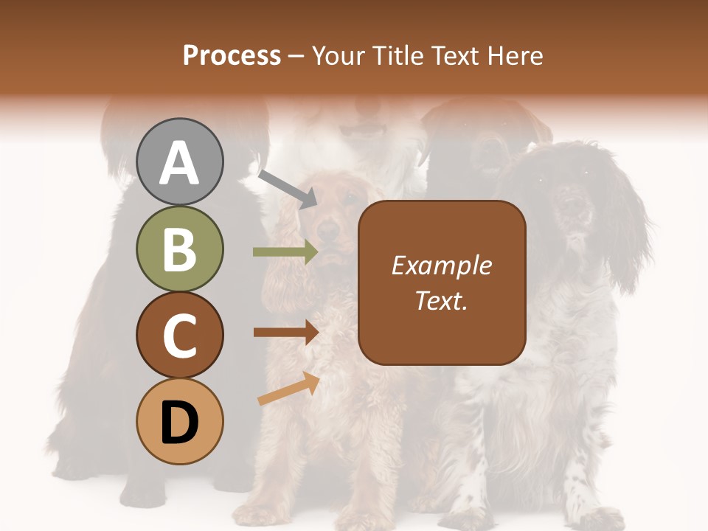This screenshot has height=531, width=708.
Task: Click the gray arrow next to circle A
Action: pos(288,188)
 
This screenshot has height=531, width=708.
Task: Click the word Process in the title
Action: pos(232,55)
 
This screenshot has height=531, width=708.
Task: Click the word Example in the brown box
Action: pos(441,265)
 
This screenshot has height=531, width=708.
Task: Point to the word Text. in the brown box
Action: pos(441,300)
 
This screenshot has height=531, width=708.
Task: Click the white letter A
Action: pos(180,162)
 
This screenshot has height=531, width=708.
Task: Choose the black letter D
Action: pos(180,423)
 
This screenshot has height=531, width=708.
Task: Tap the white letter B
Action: pos(180,249)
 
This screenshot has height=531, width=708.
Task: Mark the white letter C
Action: pos(180,336)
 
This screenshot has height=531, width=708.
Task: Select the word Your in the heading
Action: pos(336,55)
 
